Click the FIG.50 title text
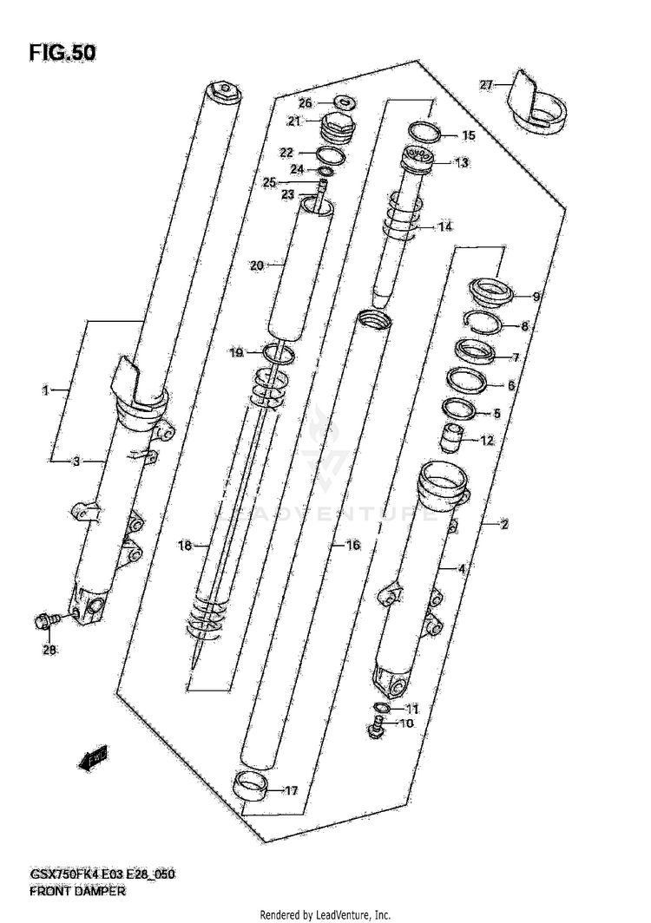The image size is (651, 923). pos(62,52)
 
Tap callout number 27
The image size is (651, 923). pos(486,84)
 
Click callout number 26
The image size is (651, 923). pos(306,101)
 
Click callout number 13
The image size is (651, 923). pos(461,162)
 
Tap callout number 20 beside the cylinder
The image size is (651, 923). pos(255,265)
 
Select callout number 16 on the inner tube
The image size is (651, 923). pos(352,545)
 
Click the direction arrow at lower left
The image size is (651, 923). pos(90,760)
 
